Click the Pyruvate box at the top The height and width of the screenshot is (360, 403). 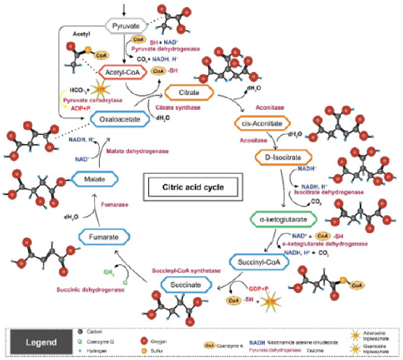[x=127, y=26]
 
